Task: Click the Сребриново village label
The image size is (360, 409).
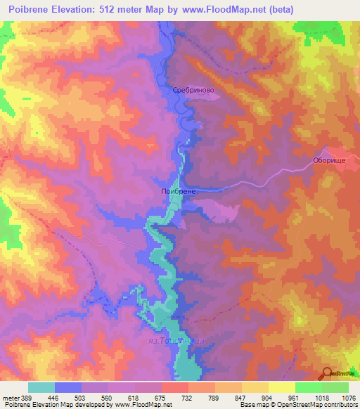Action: [x=193, y=91]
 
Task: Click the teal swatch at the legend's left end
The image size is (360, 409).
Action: [x=41, y=387]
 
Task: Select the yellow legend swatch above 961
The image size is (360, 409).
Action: [x=281, y=387]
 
